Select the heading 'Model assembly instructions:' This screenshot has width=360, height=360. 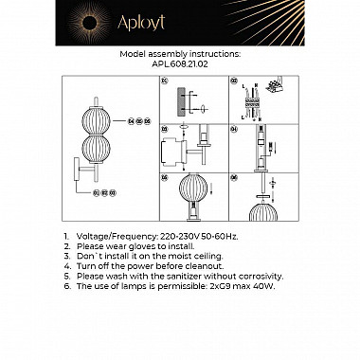179,56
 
